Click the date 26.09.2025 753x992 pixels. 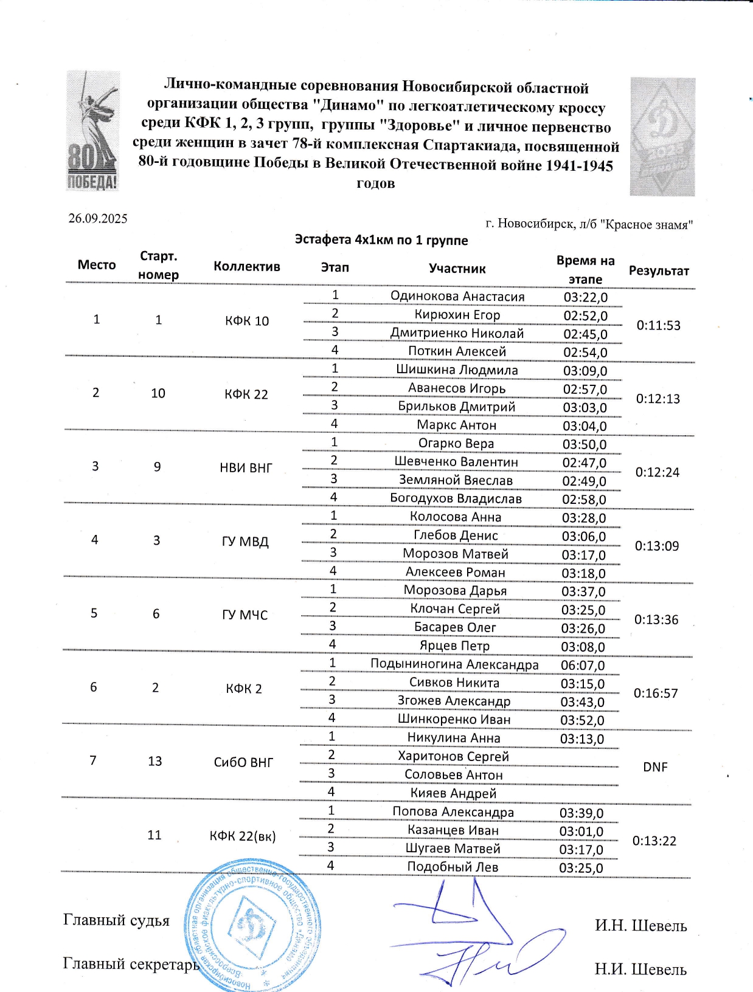(x=97, y=219)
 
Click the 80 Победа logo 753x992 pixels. (x=92, y=131)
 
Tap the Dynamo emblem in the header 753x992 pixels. (x=662, y=137)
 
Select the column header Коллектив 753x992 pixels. (x=246, y=266)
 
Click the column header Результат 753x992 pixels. (x=659, y=271)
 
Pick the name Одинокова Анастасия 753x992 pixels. (x=457, y=297)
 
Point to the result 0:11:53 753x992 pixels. (x=658, y=325)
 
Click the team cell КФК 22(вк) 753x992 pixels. (x=242, y=836)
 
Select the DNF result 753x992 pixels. (x=655, y=767)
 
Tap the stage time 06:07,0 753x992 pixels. (x=582, y=666)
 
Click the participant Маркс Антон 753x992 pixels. (x=456, y=425)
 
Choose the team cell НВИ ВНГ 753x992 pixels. (x=246, y=468)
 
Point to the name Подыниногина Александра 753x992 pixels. (x=454, y=664)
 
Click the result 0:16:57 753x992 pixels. (x=655, y=694)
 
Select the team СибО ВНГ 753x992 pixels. (x=243, y=762)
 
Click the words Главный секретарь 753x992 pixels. (x=131, y=964)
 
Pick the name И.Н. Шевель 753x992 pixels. (x=640, y=926)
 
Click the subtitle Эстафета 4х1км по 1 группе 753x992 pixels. (x=381, y=240)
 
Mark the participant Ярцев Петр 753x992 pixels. (x=454, y=646)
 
